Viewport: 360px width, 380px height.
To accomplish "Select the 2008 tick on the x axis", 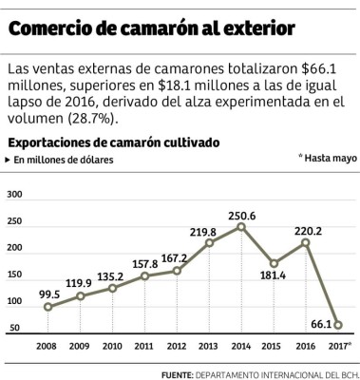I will [47, 346].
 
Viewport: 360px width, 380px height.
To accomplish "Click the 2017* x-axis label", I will [338, 346].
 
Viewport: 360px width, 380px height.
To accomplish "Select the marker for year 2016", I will [306, 242].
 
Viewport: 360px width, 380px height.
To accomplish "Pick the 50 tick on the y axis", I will [15, 328].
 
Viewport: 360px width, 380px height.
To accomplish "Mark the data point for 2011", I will [144, 276].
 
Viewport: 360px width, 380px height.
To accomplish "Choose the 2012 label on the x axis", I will [177, 346].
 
